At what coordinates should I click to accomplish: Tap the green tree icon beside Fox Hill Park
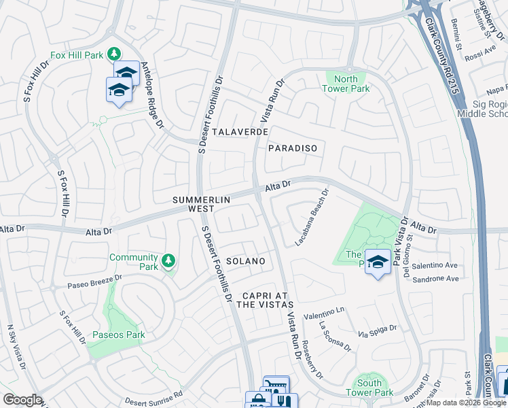[115, 53]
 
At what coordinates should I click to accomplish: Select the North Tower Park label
[346, 84]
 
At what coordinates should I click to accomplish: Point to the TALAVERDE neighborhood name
[240, 131]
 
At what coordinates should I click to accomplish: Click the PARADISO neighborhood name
[292, 148]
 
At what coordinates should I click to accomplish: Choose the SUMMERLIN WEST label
[202, 204]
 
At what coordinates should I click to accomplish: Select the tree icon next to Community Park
[168, 260]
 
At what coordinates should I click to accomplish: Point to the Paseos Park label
[119, 335]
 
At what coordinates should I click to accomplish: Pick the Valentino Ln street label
[325, 312]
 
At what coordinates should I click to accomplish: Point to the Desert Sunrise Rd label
[155, 395]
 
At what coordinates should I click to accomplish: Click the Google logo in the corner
[22, 400]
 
